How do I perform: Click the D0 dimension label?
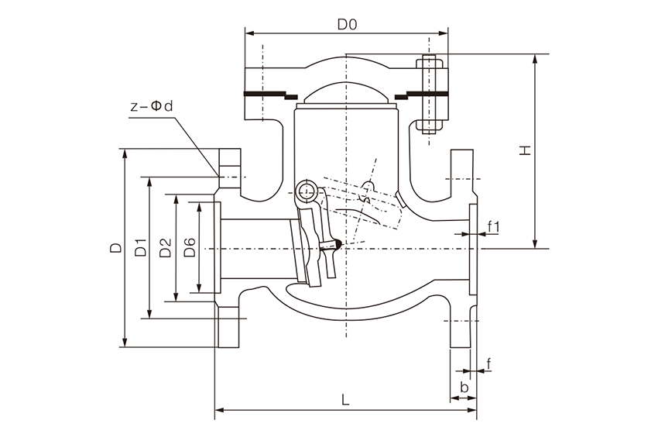(x=346, y=24)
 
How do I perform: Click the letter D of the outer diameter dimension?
(x=115, y=249)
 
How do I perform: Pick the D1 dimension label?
(x=140, y=249)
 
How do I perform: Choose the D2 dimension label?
(x=165, y=249)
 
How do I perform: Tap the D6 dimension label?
(x=190, y=249)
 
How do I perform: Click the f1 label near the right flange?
(x=495, y=226)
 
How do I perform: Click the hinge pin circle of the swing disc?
(x=305, y=189)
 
